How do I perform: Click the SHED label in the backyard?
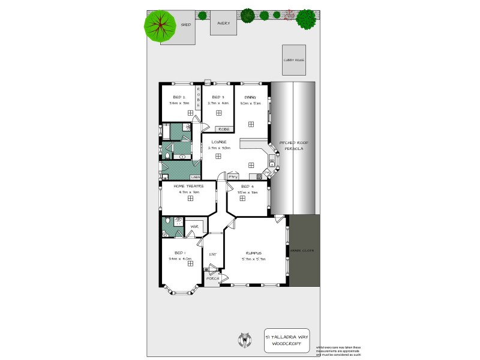pyautogui.click(x=186, y=25)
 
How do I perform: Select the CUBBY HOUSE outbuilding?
pyautogui.click(x=294, y=60)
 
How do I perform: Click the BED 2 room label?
pyautogui.click(x=179, y=97)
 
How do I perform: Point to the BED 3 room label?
pyautogui.click(x=218, y=97)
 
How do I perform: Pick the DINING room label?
pyautogui.click(x=250, y=97)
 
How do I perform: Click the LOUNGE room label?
pyautogui.click(x=218, y=142)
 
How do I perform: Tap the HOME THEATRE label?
pyautogui.click(x=188, y=186)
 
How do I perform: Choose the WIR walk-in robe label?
pyautogui.click(x=194, y=227)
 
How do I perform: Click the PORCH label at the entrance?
pyautogui.click(x=212, y=279)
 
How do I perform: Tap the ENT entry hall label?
pyautogui.click(x=212, y=254)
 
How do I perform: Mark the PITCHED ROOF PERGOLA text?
pyautogui.click(x=292, y=146)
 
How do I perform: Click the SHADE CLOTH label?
pyautogui.click(x=302, y=250)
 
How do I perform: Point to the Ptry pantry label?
pyautogui.click(x=233, y=177)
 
